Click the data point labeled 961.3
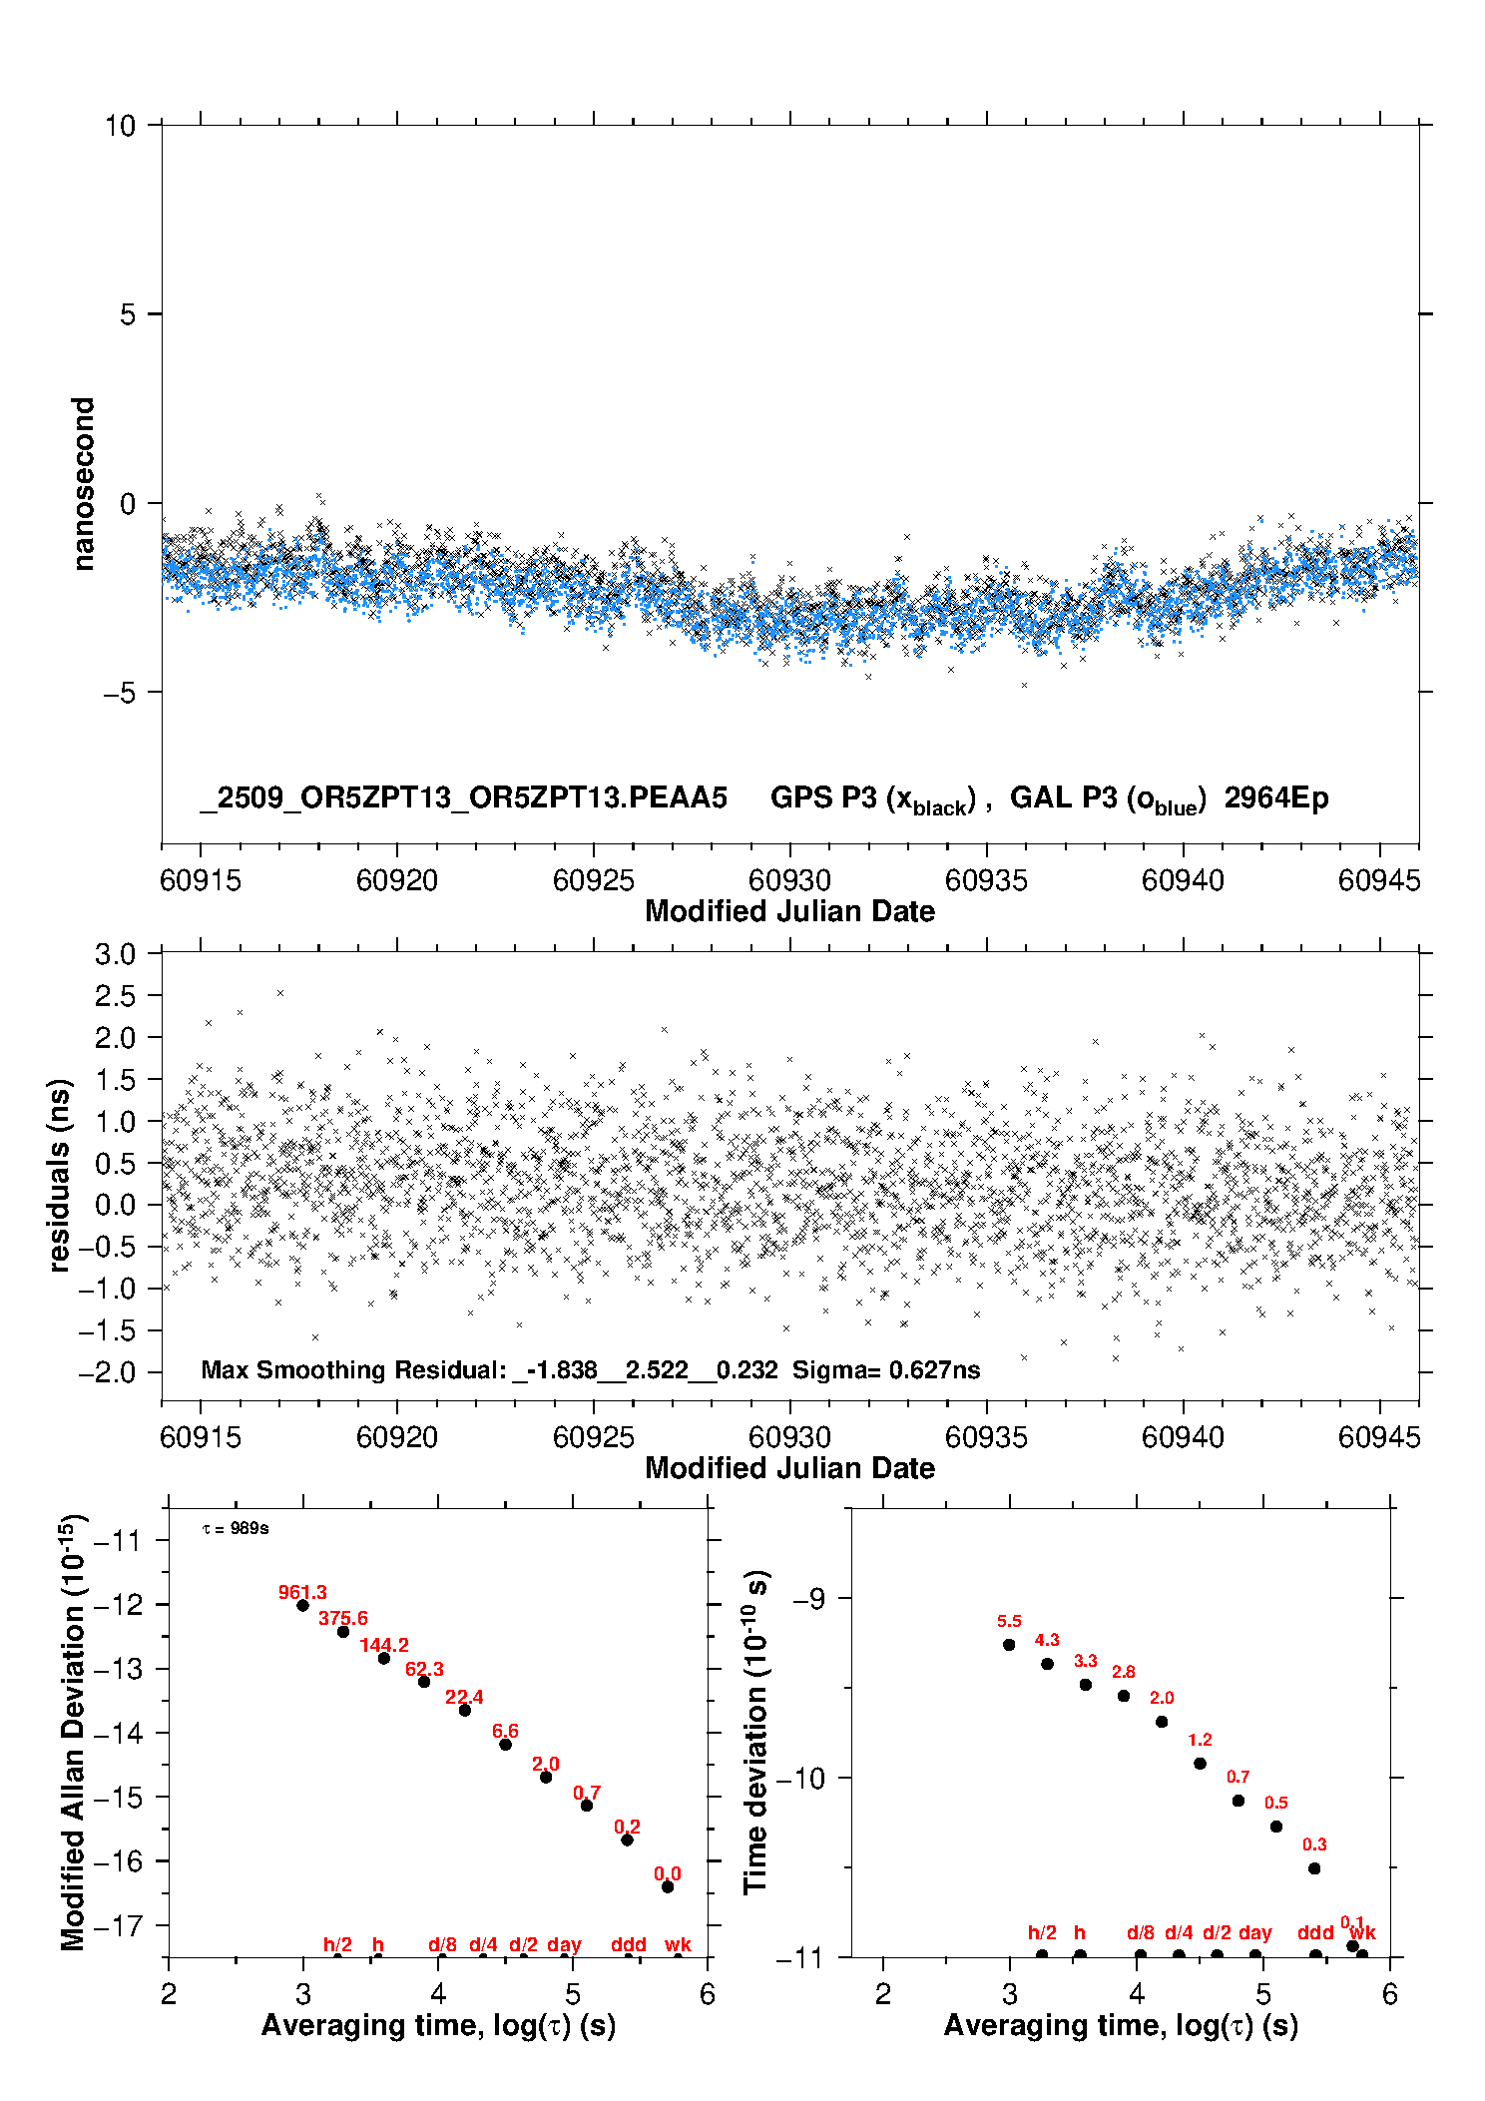[x=302, y=1605]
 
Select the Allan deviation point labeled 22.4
[x=464, y=1710]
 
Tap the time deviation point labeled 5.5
[x=1009, y=1645]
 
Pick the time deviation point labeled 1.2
[x=1200, y=1764]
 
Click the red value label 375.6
[x=342, y=1618]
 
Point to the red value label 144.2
[x=384, y=1645]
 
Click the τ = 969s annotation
[x=236, y=1528]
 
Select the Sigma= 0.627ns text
[x=886, y=1370]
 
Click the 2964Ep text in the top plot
[x=1276, y=798]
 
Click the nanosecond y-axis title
[x=84, y=484]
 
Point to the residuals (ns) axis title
[x=60, y=1175]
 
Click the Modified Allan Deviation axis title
[x=73, y=1733]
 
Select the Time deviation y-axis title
[x=755, y=1732]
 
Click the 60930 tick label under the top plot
[x=789, y=880]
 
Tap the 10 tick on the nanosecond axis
[x=120, y=126]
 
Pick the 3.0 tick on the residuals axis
[x=115, y=954]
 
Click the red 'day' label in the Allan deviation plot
[x=564, y=1944]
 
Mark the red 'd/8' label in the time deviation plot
[x=1141, y=1932]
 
